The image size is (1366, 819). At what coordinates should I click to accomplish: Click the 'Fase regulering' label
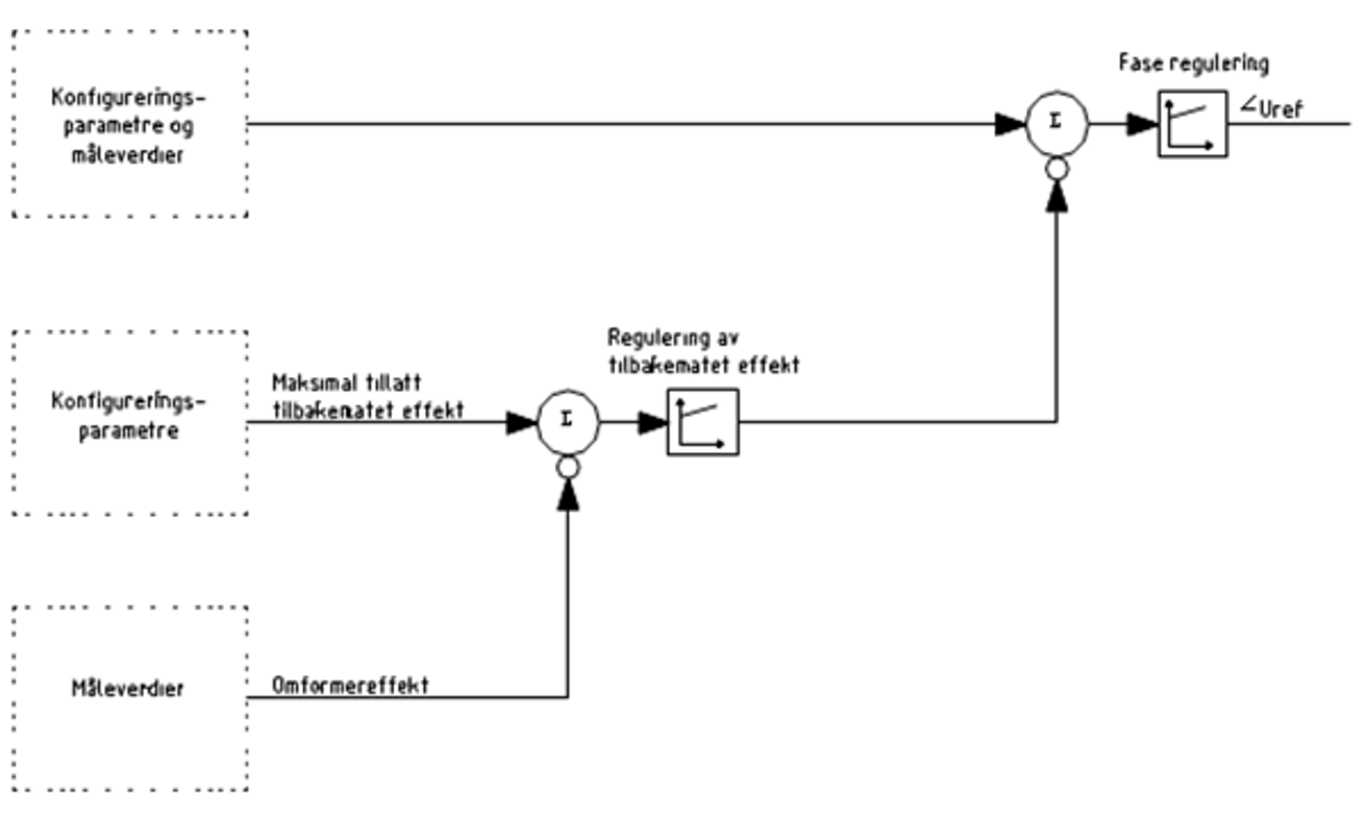[1194, 63]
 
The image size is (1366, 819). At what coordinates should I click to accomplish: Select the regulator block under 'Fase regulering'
[1193, 125]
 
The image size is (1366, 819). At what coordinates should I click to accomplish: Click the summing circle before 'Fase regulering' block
[1056, 124]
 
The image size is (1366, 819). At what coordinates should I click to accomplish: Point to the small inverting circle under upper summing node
[1057, 170]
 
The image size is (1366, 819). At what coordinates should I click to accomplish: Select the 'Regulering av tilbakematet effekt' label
[703, 351]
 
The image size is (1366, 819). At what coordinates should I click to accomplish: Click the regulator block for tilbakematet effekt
[703, 422]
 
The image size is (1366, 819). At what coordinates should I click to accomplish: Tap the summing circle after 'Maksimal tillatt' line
[568, 421]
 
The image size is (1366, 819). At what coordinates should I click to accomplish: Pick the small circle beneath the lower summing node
[568, 468]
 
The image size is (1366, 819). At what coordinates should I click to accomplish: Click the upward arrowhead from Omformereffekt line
[568, 496]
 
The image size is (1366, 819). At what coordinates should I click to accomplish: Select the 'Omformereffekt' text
[350, 685]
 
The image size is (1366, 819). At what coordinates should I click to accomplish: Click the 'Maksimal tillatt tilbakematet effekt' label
[367, 397]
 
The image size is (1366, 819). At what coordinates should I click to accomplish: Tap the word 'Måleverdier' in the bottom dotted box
[127, 688]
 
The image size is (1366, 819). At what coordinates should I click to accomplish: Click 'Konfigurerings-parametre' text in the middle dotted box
[128, 415]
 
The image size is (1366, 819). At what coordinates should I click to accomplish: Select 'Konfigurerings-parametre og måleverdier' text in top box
[128, 125]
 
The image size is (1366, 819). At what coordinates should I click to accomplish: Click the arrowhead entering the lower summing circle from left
[521, 422]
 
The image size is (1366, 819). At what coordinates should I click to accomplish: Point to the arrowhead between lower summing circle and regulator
[652, 422]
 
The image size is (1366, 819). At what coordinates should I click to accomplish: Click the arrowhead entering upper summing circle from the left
[1009, 125]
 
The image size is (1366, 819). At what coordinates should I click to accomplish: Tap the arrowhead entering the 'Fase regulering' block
[1141, 125]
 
